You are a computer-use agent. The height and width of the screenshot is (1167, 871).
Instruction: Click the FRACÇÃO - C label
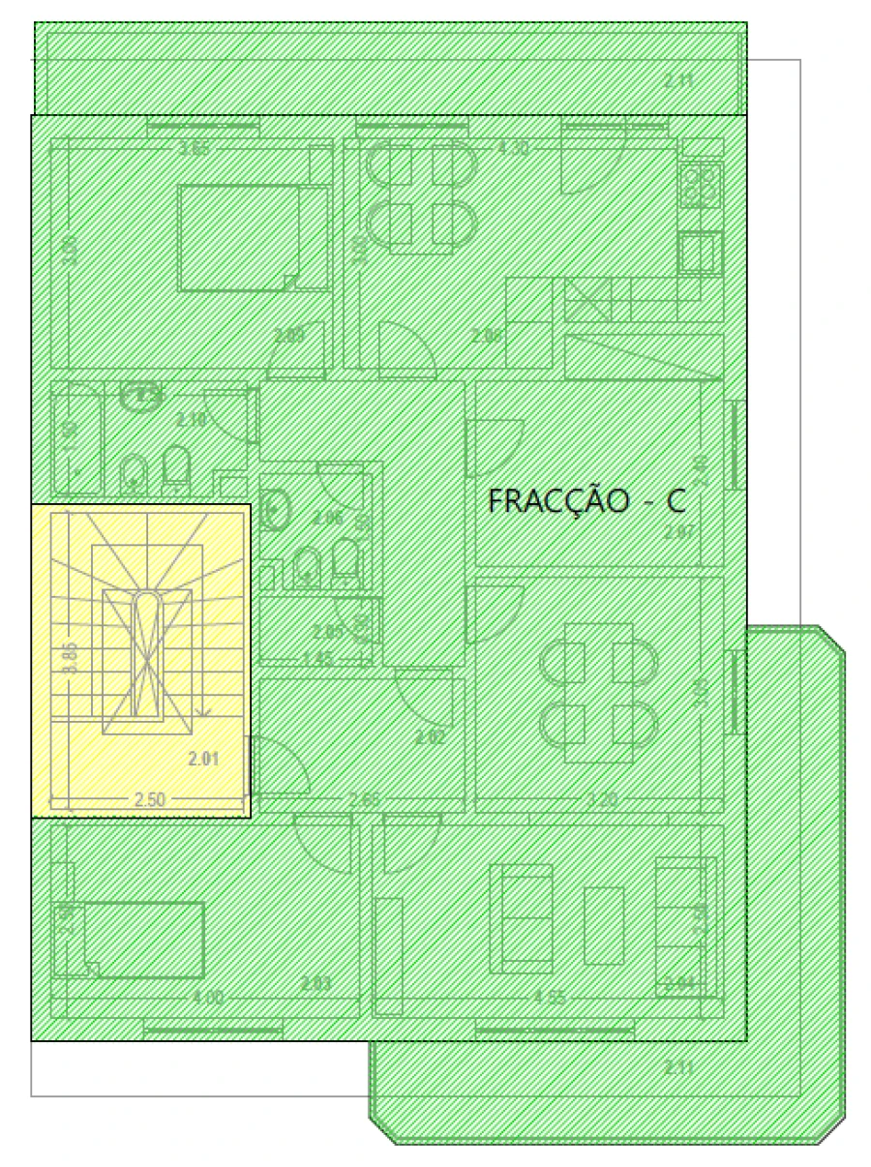tap(587, 501)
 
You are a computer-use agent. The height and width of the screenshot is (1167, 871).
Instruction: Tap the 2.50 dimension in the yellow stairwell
tap(149, 798)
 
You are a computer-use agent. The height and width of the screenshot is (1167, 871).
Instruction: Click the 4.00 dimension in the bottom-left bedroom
tap(207, 998)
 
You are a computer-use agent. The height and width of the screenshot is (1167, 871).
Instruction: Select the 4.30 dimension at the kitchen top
tap(513, 148)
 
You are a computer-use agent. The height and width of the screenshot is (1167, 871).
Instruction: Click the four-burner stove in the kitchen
tap(703, 186)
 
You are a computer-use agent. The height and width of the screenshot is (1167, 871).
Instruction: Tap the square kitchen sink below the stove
tap(699, 254)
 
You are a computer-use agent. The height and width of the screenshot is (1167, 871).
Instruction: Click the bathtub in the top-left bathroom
tap(76, 437)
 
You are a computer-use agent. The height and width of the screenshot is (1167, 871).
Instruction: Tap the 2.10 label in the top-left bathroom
tap(192, 420)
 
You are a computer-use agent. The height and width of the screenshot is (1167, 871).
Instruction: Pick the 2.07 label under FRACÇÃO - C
tap(679, 530)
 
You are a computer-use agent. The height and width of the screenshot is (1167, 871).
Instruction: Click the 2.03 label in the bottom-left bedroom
tap(315, 984)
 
